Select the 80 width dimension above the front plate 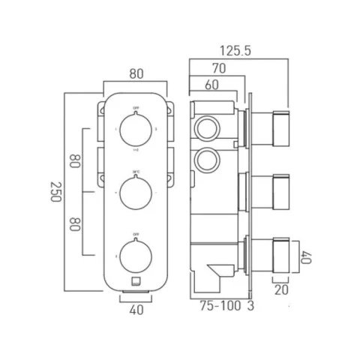(135, 75)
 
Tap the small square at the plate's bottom (136, 283)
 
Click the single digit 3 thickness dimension (250, 306)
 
